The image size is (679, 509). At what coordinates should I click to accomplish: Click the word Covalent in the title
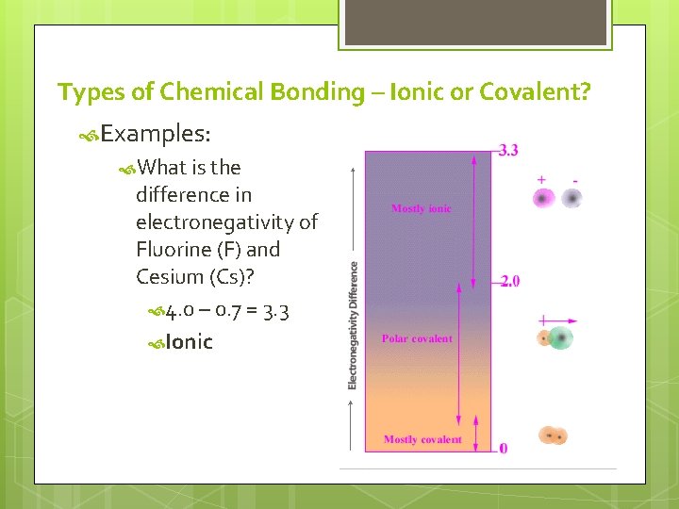(535, 92)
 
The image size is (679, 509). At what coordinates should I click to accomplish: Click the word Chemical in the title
(212, 92)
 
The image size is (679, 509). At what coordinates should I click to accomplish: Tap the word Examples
(155, 133)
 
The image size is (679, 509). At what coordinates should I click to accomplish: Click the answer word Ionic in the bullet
(189, 342)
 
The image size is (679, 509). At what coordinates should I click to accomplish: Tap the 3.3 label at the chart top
(508, 150)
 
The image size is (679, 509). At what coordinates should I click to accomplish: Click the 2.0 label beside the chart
(510, 281)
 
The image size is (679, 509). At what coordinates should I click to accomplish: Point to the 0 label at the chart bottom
(504, 448)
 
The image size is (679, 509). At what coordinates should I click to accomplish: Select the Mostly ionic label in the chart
(421, 208)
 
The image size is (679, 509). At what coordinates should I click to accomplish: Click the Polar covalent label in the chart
(417, 338)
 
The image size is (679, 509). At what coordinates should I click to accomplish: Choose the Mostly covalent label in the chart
(422, 439)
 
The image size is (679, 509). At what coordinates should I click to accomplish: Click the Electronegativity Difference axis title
(353, 325)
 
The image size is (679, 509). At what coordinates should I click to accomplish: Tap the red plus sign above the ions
(542, 179)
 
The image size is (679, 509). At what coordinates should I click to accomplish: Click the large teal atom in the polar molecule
(562, 338)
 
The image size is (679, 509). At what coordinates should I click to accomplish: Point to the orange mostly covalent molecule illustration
(553, 435)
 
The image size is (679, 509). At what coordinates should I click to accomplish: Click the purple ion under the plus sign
(542, 198)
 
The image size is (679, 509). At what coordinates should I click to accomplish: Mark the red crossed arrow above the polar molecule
(556, 321)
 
